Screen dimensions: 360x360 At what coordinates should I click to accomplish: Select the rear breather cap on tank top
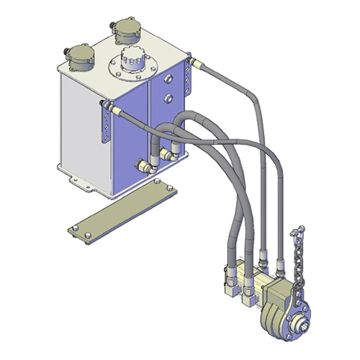coord(127,30)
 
